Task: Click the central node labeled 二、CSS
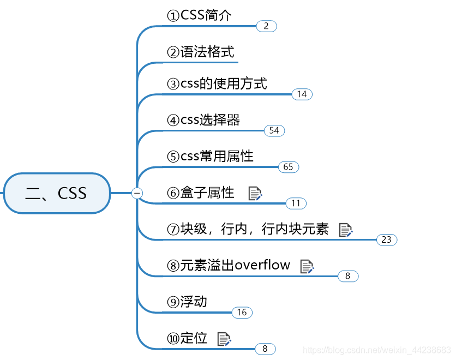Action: [57, 193]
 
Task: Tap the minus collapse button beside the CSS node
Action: [137, 193]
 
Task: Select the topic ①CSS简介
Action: [200, 16]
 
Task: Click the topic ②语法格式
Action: [201, 52]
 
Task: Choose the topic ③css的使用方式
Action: [217, 84]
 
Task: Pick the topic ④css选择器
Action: [203, 120]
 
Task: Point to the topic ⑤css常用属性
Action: [211, 157]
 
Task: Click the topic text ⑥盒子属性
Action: [201, 193]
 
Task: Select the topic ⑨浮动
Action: [187, 302]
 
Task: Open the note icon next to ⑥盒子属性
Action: [255, 193]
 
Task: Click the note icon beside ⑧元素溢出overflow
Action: [307, 266]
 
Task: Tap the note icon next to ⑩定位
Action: [224, 339]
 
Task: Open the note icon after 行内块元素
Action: [346, 230]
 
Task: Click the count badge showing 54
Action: [274, 130]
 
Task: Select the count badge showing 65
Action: [289, 167]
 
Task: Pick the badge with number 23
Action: [387, 239]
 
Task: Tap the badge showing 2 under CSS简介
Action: [266, 26]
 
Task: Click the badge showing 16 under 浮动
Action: [242, 313]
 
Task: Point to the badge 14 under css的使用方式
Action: [302, 94]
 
